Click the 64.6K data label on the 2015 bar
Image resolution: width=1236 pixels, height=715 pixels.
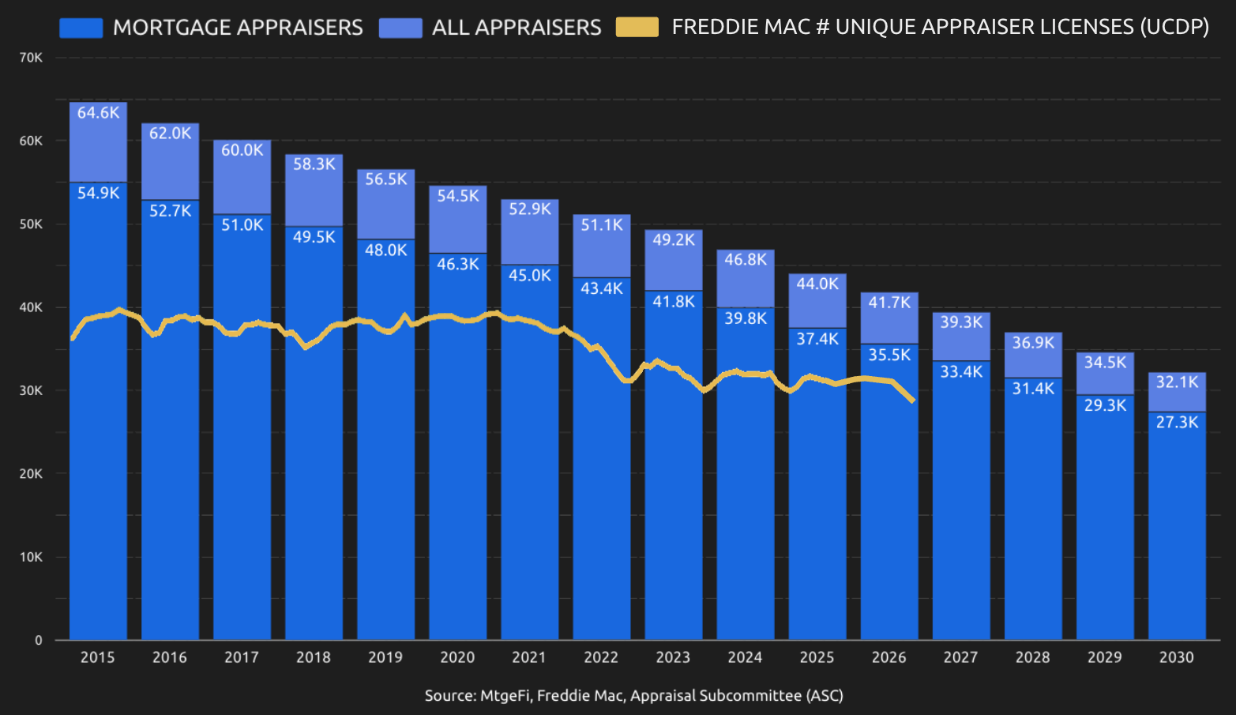(98, 113)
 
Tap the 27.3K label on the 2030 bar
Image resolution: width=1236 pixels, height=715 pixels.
(1177, 423)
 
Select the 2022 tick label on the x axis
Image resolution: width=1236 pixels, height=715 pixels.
(600, 657)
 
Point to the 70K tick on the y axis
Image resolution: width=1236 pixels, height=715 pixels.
(31, 58)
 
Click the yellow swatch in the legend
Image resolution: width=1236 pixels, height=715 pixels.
(637, 28)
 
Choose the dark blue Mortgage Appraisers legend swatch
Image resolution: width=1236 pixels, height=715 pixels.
(81, 28)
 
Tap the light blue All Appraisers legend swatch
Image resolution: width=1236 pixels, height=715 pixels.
(400, 28)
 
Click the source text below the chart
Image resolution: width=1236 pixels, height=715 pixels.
(633, 696)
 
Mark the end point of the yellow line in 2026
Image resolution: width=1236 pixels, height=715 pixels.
(913, 401)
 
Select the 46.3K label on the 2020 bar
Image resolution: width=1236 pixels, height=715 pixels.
(458, 265)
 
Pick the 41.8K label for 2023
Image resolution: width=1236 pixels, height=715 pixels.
(674, 302)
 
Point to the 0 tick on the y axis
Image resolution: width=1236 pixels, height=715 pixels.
(38, 641)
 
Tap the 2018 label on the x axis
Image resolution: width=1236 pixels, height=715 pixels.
(313, 657)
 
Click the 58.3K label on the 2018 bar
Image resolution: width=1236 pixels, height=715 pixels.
(314, 164)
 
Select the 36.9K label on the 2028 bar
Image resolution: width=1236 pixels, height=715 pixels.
(1033, 343)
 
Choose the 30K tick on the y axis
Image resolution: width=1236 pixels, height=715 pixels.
(31, 390)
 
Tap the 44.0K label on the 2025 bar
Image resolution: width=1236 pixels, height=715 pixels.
(817, 284)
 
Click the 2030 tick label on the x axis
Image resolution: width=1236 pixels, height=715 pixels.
(1176, 657)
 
